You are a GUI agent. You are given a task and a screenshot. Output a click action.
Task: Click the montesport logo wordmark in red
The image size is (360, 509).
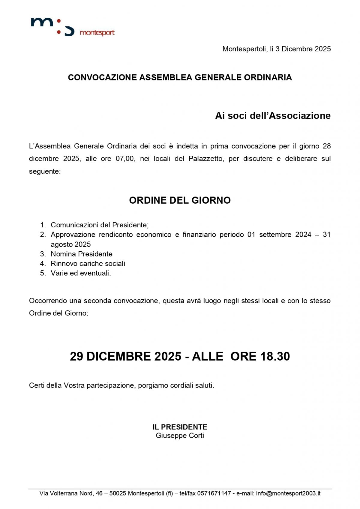(x=97, y=32)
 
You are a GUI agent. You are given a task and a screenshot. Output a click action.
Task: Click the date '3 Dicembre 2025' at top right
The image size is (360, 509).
(x=303, y=49)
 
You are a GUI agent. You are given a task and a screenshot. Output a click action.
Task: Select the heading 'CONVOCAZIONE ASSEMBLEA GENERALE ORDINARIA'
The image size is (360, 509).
(x=180, y=77)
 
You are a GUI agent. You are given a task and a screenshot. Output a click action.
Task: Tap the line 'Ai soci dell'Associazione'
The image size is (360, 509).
(x=273, y=115)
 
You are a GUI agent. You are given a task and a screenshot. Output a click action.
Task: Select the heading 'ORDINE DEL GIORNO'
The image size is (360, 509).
(x=180, y=200)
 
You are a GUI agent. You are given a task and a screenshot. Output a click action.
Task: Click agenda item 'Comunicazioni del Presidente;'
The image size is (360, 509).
(x=100, y=225)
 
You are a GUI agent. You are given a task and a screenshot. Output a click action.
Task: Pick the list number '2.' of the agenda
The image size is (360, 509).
(x=43, y=235)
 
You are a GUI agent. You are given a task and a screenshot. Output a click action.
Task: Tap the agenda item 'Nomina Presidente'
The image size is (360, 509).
(x=82, y=254)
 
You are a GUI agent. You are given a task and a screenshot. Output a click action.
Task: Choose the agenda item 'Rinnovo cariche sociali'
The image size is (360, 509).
(x=88, y=263)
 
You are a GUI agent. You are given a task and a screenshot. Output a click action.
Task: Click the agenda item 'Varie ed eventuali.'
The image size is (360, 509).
(x=81, y=273)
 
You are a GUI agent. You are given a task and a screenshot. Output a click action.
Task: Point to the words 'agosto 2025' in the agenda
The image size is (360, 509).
(x=70, y=244)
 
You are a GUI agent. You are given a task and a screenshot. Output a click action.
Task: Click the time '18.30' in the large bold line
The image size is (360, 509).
(x=275, y=356)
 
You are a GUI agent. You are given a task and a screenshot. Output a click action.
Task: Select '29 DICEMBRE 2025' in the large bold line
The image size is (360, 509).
(x=125, y=356)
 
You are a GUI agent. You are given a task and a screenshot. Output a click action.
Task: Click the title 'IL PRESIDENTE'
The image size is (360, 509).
(x=180, y=427)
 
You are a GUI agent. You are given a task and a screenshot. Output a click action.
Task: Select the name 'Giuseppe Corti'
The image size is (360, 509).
(x=180, y=436)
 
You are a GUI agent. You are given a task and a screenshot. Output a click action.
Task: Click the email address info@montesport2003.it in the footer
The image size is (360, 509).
(x=288, y=493)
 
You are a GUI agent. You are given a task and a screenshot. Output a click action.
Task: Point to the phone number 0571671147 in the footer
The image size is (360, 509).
(x=214, y=493)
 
